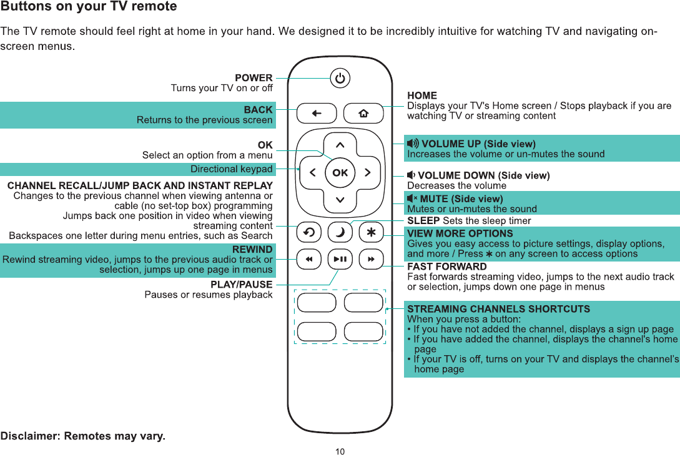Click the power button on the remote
click(340, 79)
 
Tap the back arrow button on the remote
click(317, 114)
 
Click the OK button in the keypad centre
click(340, 172)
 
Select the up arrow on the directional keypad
click(340, 145)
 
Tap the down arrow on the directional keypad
click(340, 200)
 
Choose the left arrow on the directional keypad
click(312, 172)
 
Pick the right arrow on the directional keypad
click(368, 172)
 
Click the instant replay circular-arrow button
click(308, 232)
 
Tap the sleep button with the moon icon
click(340, 232)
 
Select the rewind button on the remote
click(308, 258)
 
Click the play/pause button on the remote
click(340, 258)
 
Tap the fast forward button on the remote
click(372, 258)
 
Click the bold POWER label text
click(254, 78)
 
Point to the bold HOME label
click(422, 95)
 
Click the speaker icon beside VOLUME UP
click(413, 144)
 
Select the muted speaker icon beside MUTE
click(413, 199)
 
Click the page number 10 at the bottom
click(340, 451)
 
